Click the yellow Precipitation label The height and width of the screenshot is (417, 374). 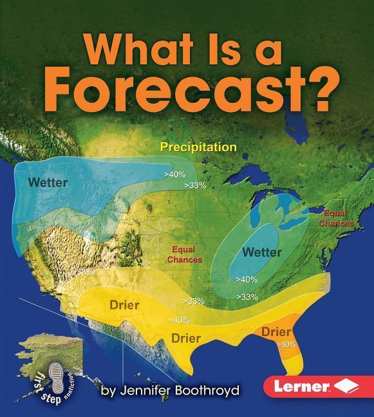[x=198, y=147]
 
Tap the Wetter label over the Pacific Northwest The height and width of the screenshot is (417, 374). [x=48, y=182]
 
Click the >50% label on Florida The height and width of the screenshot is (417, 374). [x=286, y=345]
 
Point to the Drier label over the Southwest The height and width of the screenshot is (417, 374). [x=124, y=304]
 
